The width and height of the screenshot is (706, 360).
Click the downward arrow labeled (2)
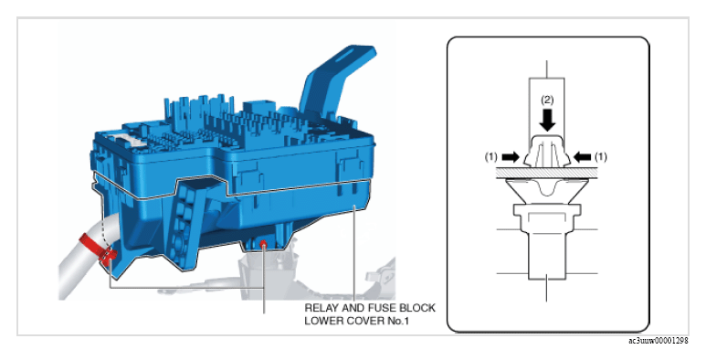point(547,121)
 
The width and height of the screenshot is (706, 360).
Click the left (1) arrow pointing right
point(511,157)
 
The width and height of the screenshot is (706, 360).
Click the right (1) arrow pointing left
point(582,157)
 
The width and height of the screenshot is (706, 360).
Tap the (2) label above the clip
point(547,100)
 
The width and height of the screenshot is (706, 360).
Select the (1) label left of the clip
point(491,157)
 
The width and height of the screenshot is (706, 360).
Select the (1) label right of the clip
point(601,157)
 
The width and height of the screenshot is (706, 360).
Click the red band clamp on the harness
point(98,249)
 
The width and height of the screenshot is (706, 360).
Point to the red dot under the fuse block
point(263,244)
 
